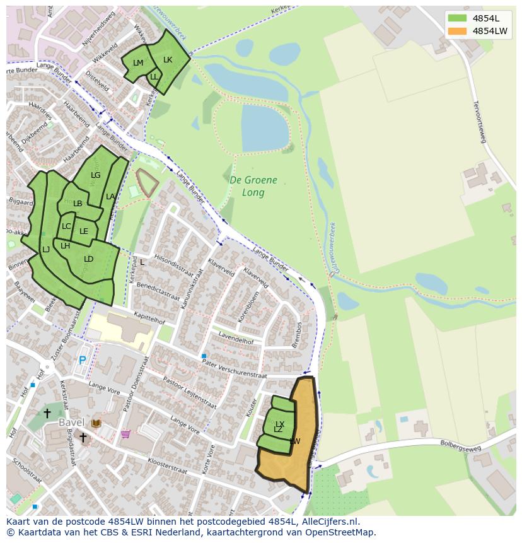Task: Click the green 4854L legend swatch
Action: point(457,18)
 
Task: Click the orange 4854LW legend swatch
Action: point(457,30)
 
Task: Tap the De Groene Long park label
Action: point(253,186)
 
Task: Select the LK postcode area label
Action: point(168,60)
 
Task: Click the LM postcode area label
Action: point(138,63)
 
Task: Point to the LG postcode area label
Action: point(95,175)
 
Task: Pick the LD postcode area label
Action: point(89,259)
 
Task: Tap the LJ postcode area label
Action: point(46,250)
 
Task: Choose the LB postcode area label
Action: point(78,204)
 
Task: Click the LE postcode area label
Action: point(84,231)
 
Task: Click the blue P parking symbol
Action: point(82,361)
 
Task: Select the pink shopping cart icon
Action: point(125,434)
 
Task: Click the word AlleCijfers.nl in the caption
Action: point(329,522)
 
